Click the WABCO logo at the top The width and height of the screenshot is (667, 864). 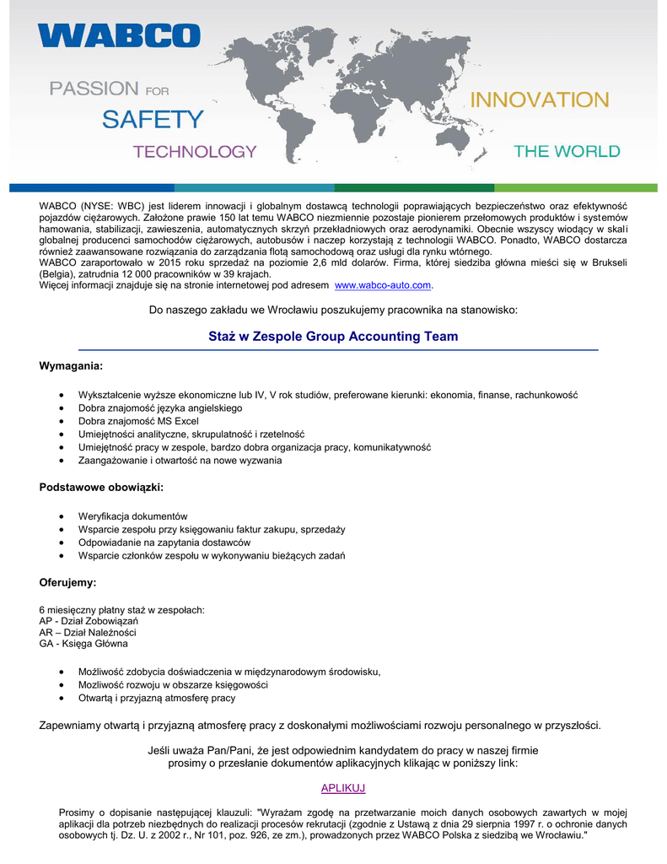click(x=119, y=36)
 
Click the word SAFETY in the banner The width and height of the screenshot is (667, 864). click(x=153, y=120)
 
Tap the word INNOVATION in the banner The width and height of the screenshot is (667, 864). click(x=538, y=100)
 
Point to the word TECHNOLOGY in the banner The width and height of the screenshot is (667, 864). click(x=195, y=152)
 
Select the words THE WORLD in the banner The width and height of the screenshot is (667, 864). click(x=567, y=152)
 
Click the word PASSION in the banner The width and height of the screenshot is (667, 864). click(x=94, y=89)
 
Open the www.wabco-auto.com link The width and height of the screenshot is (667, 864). click(x=389, y=285)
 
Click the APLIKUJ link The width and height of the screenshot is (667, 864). click(x=343, y=788)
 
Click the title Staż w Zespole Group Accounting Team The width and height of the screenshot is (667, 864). click(x=333, y=337)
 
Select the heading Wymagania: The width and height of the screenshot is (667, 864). click(x=72, y=366)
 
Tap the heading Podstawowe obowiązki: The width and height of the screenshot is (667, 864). click(x=101, y=488)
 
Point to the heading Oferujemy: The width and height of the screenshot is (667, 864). click(x=68, y=582)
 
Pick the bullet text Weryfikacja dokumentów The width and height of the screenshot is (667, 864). click(x=132, y=516)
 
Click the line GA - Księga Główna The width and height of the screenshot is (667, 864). click(x=83, y=644)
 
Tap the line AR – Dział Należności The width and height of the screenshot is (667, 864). click(x=88, y=633)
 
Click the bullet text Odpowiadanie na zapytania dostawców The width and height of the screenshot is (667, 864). click(x=164, y=543)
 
